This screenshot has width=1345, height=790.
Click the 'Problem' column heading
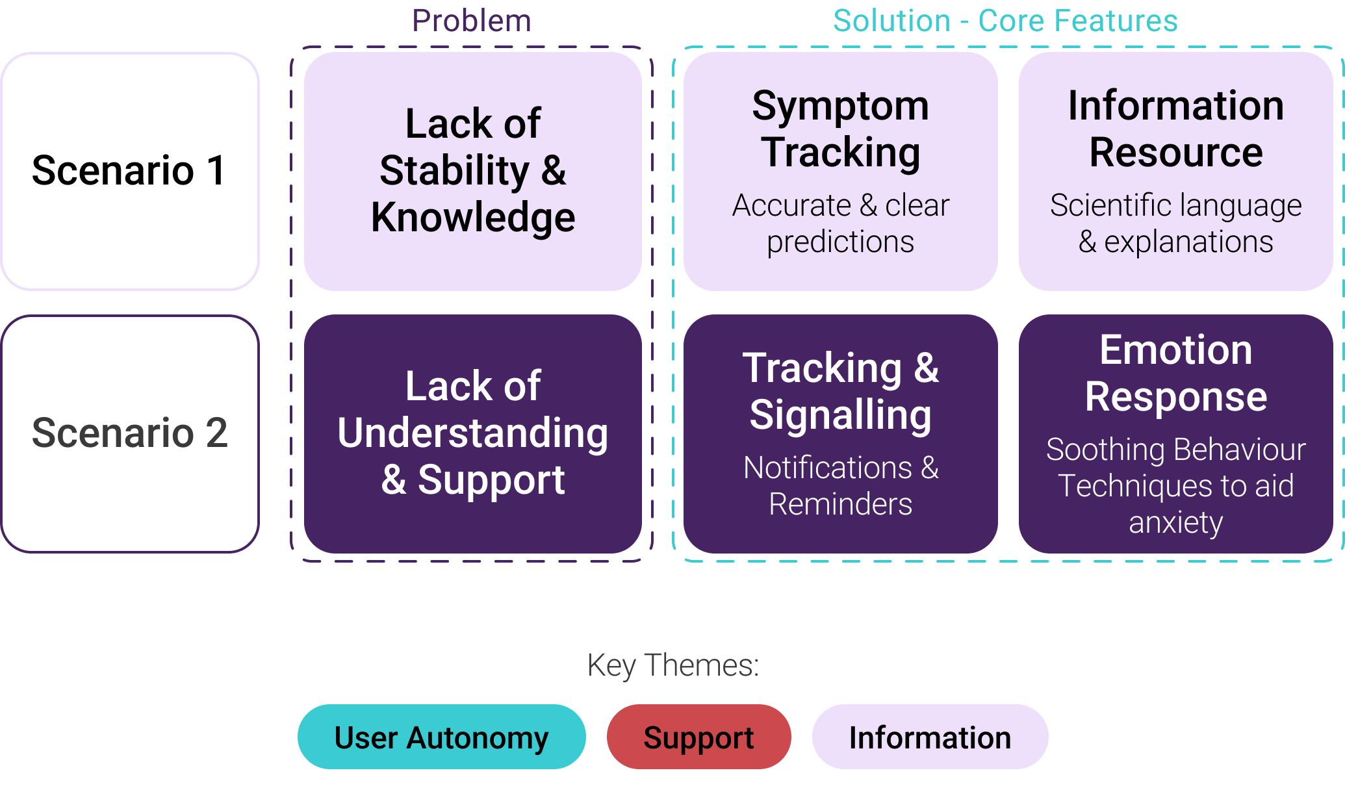472,21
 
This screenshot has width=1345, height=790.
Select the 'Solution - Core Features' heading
1005,21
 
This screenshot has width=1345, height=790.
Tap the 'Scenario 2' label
130,433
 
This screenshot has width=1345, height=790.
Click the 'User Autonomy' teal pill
441,737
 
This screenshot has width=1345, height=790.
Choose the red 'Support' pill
698,737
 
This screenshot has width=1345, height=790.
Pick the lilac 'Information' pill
930,737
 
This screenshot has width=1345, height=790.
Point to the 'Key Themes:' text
673,665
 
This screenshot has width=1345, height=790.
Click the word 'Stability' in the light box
454,171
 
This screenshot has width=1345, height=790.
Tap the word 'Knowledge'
473,217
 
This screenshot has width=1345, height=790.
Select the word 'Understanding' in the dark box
473,433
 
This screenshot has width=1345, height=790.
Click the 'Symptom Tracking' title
840,129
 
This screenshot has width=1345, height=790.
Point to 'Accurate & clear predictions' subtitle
840,223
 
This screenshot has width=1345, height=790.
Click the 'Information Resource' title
1175,129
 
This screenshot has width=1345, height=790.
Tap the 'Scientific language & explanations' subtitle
1175,223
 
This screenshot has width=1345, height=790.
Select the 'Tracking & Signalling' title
840,391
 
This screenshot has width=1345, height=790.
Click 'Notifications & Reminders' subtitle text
840,486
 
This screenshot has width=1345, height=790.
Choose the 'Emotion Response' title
1175,373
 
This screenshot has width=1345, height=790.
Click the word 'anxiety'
1175,523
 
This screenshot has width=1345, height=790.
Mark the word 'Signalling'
840,415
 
